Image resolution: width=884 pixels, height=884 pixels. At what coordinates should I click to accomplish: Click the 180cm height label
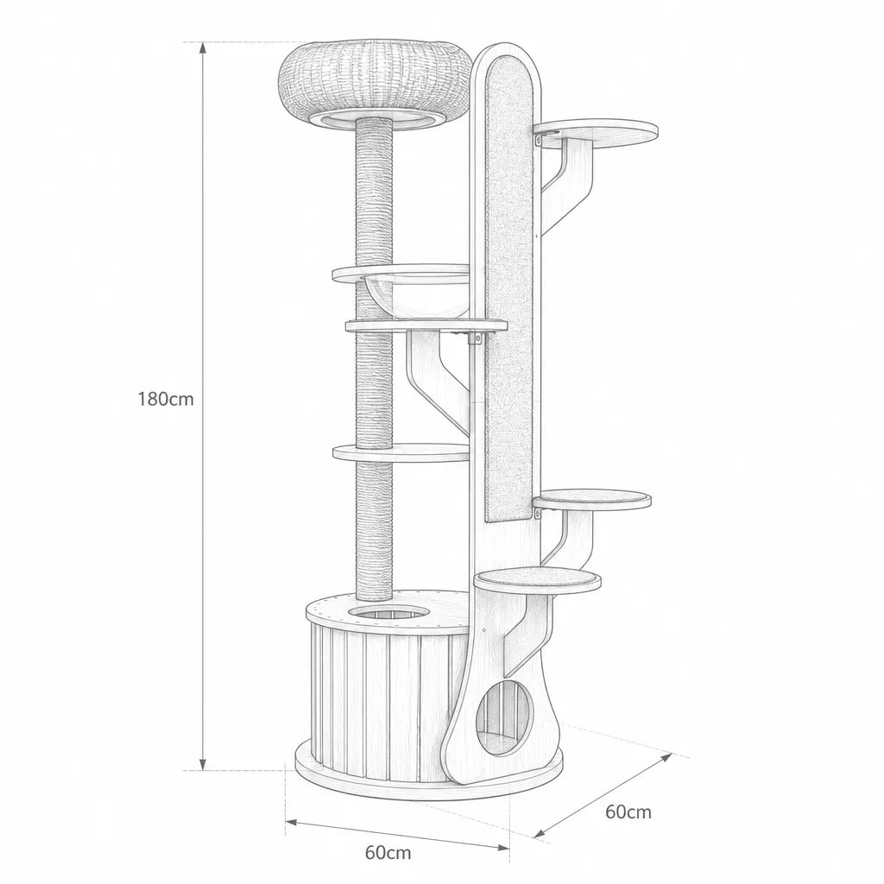coord(166,399)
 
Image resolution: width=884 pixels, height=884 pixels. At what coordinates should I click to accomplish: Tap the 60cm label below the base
coord(388,852)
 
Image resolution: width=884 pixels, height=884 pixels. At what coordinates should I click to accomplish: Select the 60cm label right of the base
coord(628,812)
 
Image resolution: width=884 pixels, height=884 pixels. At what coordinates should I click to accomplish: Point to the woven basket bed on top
coord(375,85)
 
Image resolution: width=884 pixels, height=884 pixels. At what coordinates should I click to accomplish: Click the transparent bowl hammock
coord(416,294)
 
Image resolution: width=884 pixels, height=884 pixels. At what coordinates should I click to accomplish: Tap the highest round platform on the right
coord(596,133)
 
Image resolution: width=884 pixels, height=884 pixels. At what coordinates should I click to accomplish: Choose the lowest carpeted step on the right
coord(537,581)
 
